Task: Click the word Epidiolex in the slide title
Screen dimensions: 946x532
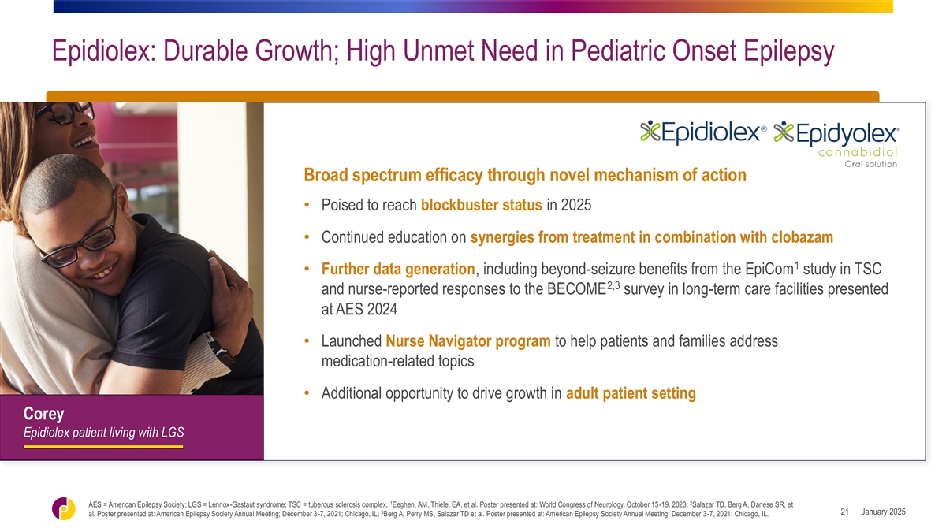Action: click(x=101, y=51)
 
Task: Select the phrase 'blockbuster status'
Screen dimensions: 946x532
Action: click(x=482, y=205)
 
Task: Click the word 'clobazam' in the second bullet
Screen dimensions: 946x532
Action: click(x=802, y=237)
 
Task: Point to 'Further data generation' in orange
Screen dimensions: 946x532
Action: click(x=398, y=269)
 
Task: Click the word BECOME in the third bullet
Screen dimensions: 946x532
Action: click(x=576, y=289)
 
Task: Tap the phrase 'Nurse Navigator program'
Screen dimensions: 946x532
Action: click(x=468, y=341)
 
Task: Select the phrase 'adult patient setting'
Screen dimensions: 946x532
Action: click(x=631, y=393)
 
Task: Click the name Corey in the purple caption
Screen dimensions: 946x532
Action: click(x=43, y=414)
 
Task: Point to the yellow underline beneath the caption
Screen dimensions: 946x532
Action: click(x=103, y=446)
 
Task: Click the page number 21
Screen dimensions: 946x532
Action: click(x=844, y=512)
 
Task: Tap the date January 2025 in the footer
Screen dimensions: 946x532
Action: click(x=884, y=512)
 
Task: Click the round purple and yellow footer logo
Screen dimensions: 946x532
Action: click(x=63, y=509)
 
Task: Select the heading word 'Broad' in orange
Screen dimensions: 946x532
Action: click(x=326, y=175)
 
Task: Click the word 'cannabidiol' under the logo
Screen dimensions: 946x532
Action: click(x=858, y=152)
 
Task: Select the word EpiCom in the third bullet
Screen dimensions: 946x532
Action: click(x=769, y=270)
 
